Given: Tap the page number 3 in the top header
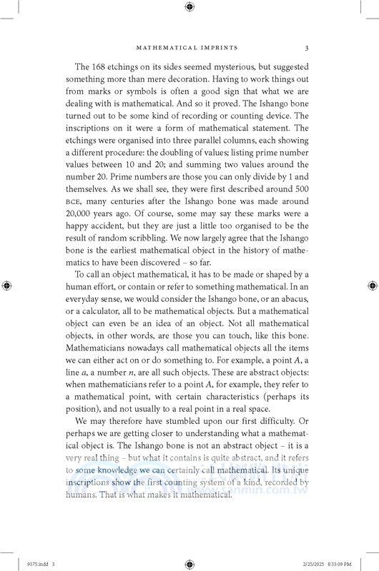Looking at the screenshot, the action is pyautogui.click(x=306, y=49).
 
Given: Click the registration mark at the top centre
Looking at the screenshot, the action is pyautogui.click(x=189, y=7).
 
